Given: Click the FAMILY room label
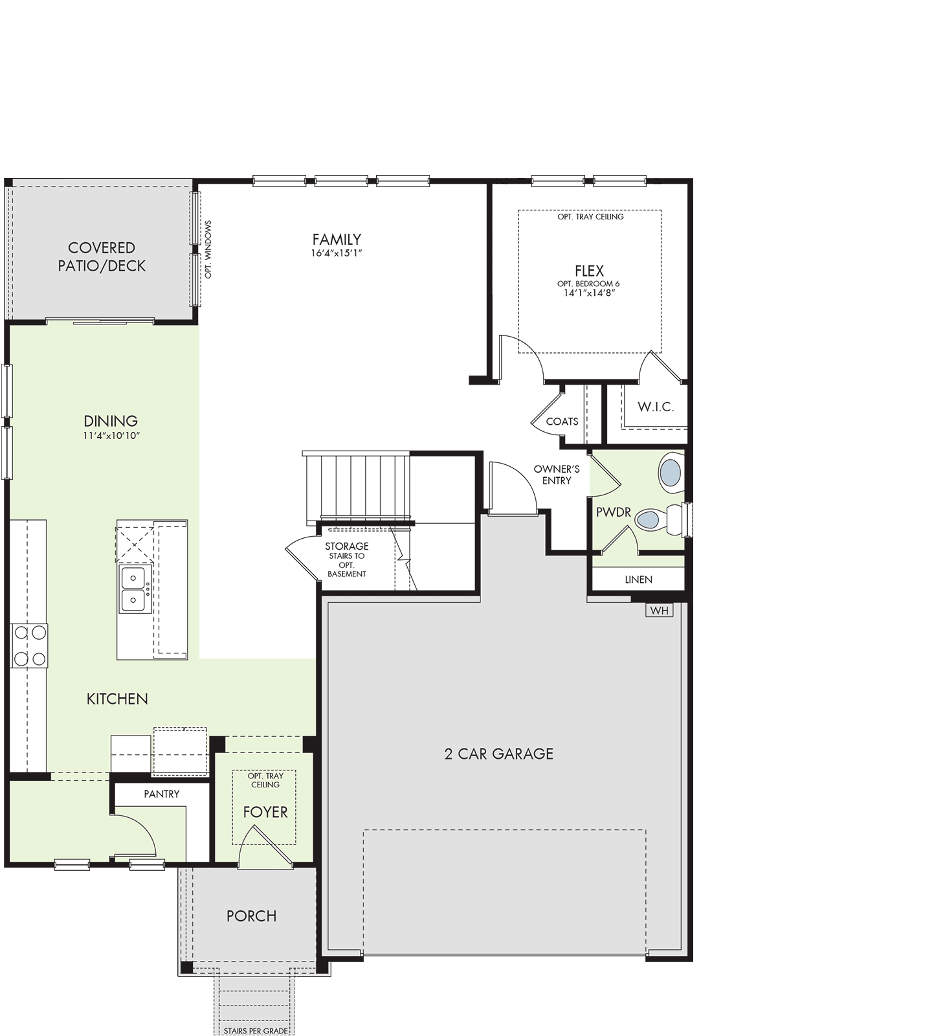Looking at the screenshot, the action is point(337,240).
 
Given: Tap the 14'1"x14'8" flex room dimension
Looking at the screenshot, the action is point(589,293).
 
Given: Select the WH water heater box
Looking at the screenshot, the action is point(659,610).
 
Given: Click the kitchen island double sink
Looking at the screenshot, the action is point(134,589).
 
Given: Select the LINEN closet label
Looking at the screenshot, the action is point(638,580).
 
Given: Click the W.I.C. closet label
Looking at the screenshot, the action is point(656,407).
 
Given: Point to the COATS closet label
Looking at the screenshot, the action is point(562,422).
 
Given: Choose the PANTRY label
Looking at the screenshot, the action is point(162,794).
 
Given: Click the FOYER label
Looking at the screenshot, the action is point(265,812).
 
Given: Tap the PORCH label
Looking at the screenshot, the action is point(252,916).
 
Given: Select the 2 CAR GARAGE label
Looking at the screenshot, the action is point(499,754).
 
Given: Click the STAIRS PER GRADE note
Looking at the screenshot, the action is point(256,1031).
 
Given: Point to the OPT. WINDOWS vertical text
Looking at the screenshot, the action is point(208,249).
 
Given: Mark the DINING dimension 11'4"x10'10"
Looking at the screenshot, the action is point(111,436).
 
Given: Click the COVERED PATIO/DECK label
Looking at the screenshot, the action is point(102,257).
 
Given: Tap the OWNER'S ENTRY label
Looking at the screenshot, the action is point(557,475).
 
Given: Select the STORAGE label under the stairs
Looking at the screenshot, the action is point(347,546).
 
